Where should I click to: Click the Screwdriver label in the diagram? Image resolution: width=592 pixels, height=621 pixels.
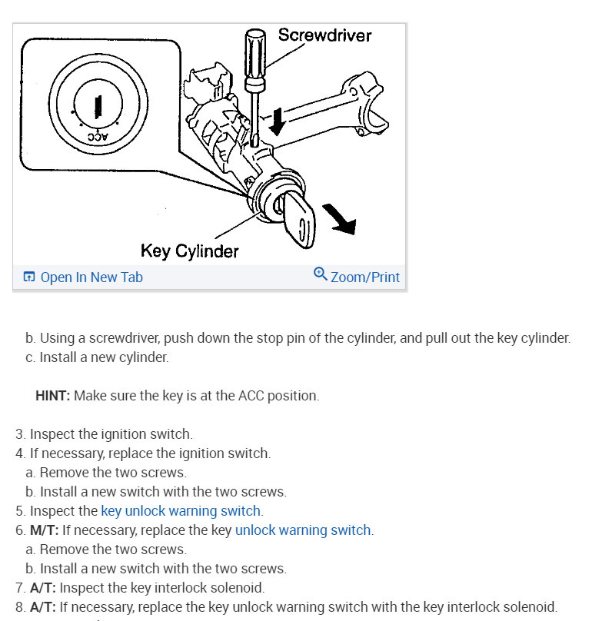coord(324,35)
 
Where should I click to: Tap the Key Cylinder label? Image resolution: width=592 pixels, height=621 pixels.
coord(189,251)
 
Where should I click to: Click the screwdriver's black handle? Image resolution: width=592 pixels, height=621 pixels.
coord(253,58)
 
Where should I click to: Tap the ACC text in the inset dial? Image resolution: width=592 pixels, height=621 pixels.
coord(98,136)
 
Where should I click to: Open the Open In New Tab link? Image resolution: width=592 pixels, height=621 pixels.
coord(91,277)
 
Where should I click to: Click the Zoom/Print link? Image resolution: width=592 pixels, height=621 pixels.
coord(364,277)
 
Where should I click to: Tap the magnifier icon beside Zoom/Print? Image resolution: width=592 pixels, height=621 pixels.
coord(321,274)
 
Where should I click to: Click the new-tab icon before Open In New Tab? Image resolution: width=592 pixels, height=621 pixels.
coord(29,277)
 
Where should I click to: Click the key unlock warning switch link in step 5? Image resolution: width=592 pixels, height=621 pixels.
coord(181,510)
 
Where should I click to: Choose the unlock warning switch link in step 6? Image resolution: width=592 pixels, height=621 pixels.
coord(303,530)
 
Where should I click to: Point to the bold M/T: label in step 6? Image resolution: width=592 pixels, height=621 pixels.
coord(45,530)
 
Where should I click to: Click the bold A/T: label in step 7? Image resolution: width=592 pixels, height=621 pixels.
coord(43,588)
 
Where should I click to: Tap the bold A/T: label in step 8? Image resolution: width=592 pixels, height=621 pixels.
coord(43,607)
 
